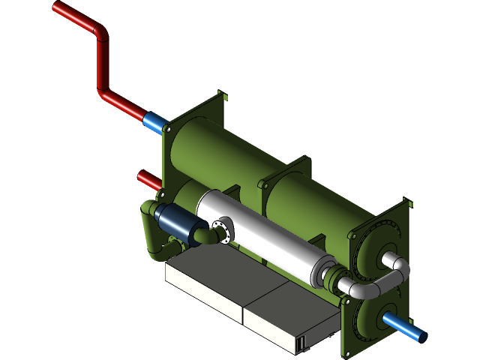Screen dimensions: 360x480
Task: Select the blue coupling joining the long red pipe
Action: tap(153, 121)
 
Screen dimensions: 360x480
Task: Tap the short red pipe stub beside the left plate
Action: tap(148, 180)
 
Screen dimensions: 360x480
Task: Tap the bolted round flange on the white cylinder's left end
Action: tap(223, 229)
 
